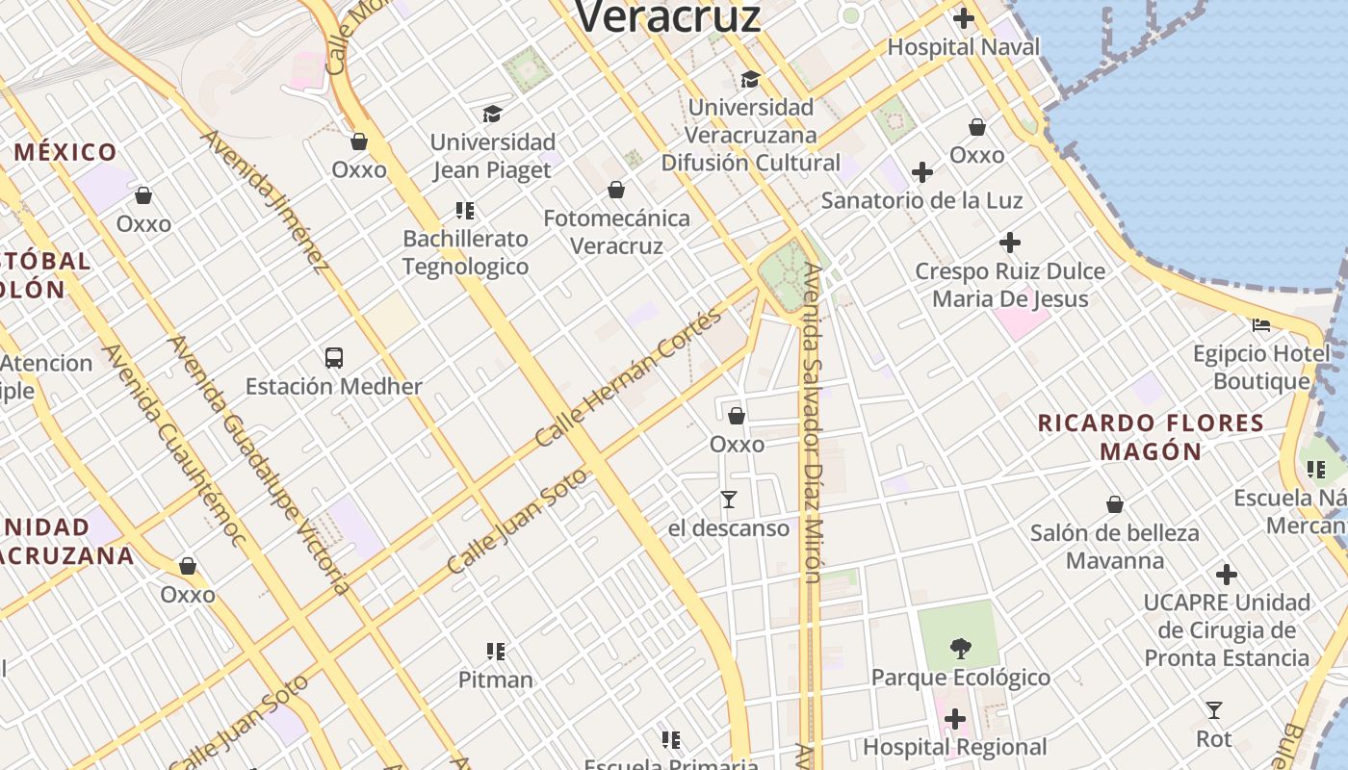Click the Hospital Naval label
(963, 46)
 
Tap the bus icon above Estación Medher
(334, 358)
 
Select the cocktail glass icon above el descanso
(729, 500)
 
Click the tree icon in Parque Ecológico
(960, 648)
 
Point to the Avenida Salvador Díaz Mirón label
(813, 423)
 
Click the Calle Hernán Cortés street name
(628, 378)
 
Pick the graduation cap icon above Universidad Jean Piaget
(493, 114)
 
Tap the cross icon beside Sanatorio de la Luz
(921, 172)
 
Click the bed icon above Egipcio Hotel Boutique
(1261, 325)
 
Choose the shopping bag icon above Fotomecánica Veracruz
(616, 190)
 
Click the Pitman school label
(495, 680)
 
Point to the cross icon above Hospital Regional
(954, 719)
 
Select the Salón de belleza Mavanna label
(1115, 547)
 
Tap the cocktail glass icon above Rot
(1214, 710)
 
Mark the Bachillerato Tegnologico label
(466, 252)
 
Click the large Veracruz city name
(668, 16)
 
